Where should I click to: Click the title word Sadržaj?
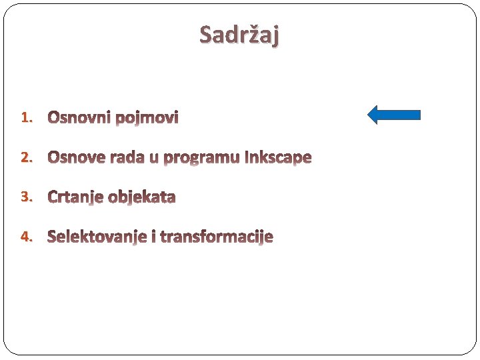[239, 35]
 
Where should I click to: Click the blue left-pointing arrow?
[395, 115]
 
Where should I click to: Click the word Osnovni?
[79, 118]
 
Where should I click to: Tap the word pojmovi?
[147, 119]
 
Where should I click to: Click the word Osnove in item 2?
[75, 158]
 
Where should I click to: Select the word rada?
[126, 158]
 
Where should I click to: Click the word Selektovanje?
[97, 237]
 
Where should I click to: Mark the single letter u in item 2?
[154, 159]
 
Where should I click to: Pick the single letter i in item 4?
[154, 237]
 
